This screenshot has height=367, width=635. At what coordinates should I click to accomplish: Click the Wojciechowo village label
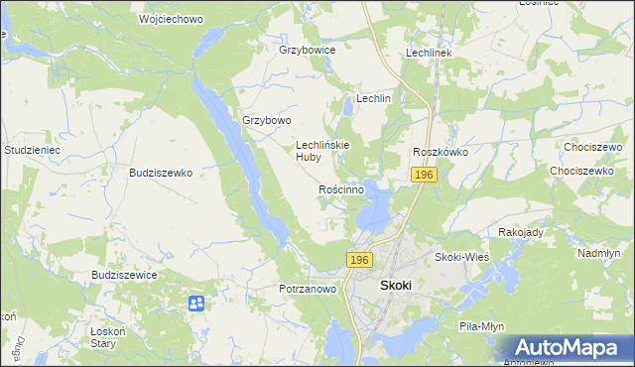pos(141,19)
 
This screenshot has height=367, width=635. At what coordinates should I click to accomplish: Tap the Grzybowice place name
pos(308,49)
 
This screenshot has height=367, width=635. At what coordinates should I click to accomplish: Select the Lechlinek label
pos(429,52)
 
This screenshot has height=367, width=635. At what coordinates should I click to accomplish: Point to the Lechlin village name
pos(374,99)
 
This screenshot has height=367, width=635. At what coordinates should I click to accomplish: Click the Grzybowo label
pos(267,121)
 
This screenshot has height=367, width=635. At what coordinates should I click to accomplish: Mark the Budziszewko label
pos(160,172)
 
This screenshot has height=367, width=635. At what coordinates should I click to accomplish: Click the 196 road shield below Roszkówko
pos(424,175)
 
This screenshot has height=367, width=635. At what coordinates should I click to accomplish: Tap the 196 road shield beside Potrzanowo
pos(359,259)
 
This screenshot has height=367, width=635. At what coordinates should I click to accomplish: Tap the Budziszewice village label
pos(124,275)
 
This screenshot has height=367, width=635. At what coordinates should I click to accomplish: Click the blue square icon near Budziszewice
pos(195,303)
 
